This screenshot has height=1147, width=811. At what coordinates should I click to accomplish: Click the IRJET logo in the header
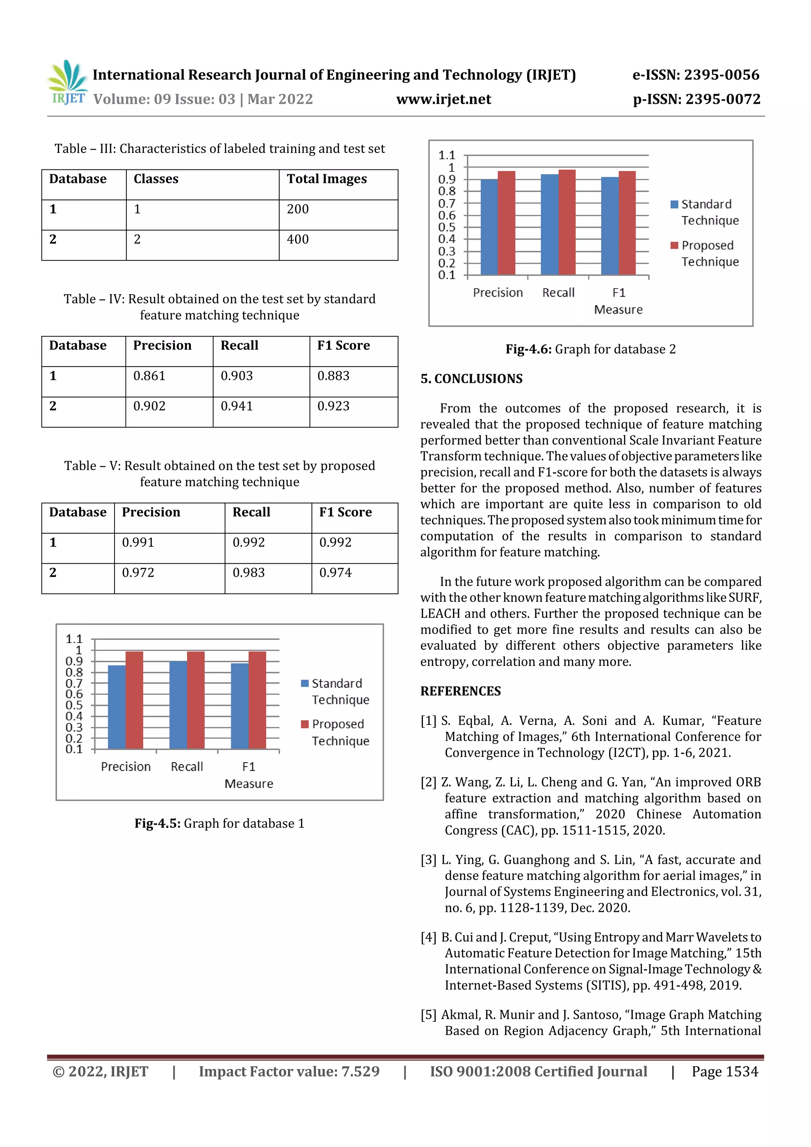[x=67, y=83]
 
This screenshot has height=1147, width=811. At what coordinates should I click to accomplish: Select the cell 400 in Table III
[x=298, y=239]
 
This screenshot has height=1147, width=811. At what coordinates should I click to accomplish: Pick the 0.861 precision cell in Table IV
[x=149, y=376]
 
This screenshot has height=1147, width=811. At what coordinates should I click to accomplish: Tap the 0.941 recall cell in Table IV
[x=237, y=406]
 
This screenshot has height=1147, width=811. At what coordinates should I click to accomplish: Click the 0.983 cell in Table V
[x=248, y=573]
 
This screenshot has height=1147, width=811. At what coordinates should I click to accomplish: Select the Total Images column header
[x=326, y=179]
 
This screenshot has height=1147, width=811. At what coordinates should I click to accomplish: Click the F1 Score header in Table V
[x=345, y=512]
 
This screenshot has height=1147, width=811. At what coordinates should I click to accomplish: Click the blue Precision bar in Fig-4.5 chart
[x=117, y=707]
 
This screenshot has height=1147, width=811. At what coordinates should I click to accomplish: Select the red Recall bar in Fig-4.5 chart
[x=195, y=699]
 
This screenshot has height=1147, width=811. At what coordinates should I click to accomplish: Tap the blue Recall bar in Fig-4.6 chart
[x=549, y=224]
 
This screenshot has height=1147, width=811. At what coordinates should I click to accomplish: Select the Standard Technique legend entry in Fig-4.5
[x=336, y=691]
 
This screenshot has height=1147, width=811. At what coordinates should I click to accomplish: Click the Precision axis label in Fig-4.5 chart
[x=126, y=767]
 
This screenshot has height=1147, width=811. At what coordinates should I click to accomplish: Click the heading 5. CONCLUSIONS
[x=471, y=379]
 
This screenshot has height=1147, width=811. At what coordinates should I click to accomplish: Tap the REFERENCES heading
[x=460, y=691]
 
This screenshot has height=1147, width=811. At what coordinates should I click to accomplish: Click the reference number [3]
[x=428, y=860]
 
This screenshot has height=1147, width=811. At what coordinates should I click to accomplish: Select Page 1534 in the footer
[x=725, y=1071]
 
